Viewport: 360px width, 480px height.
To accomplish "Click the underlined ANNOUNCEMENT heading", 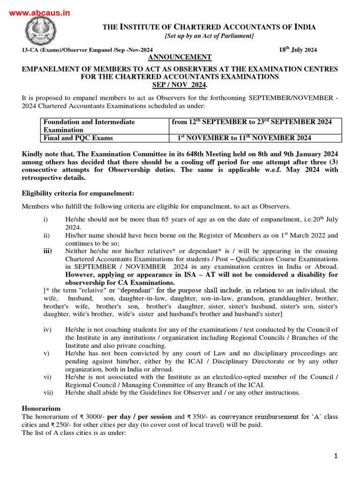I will tap(173, 57).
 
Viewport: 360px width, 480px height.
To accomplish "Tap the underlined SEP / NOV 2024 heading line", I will tap(180, 85).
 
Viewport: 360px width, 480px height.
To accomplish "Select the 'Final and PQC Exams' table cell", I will tap(78, 138).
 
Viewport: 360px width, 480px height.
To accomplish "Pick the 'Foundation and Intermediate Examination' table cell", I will tap(89, 126).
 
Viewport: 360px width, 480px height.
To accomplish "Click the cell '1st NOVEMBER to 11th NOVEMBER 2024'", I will tap(244, 138).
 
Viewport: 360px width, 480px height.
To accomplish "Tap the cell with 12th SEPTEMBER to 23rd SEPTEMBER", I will tap(252, 122).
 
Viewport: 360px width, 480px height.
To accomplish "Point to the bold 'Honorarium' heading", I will tap(41, 409).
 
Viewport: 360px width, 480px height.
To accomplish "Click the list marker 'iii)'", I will tap(47, 251).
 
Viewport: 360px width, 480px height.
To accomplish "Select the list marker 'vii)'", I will tap(48, 392).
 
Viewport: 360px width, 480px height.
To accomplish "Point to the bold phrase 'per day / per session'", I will tap(139, 417).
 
